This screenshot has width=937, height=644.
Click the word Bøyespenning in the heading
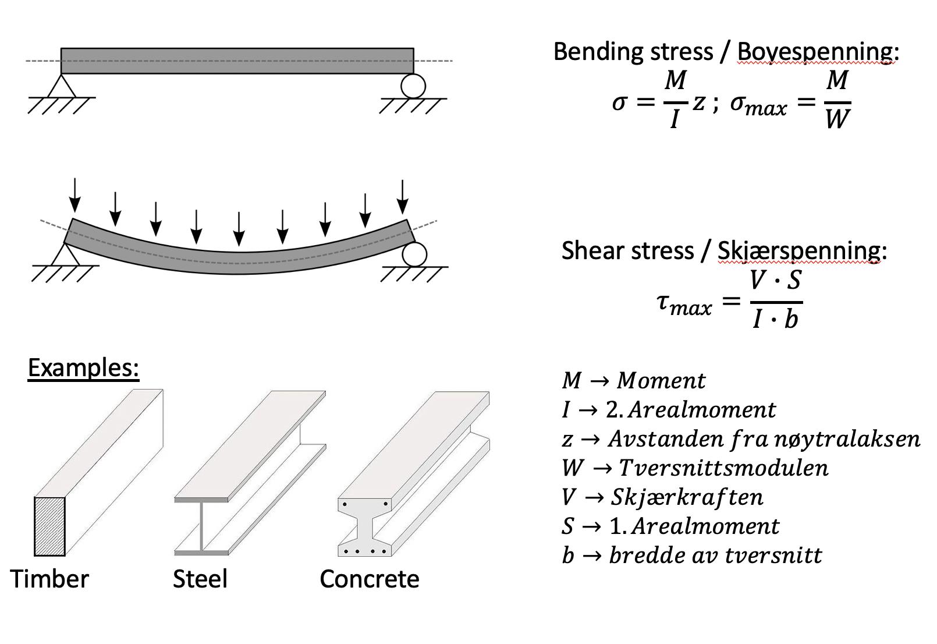815,52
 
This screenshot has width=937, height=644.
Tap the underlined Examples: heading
83,368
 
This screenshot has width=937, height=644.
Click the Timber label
49,579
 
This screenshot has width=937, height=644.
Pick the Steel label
200,579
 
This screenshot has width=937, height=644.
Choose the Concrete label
369,579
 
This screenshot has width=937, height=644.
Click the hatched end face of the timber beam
49,526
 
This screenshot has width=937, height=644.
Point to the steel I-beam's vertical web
201,526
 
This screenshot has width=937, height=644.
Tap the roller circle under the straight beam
413,86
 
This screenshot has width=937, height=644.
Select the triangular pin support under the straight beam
62,87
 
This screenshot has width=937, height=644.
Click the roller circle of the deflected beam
414,254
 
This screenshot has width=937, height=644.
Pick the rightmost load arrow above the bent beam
402,197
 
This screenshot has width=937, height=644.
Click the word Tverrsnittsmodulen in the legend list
723,468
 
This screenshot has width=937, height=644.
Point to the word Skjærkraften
687,497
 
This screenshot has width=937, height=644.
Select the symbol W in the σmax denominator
837,119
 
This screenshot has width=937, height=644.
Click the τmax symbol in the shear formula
683,303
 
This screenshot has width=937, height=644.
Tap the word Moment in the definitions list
661,381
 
